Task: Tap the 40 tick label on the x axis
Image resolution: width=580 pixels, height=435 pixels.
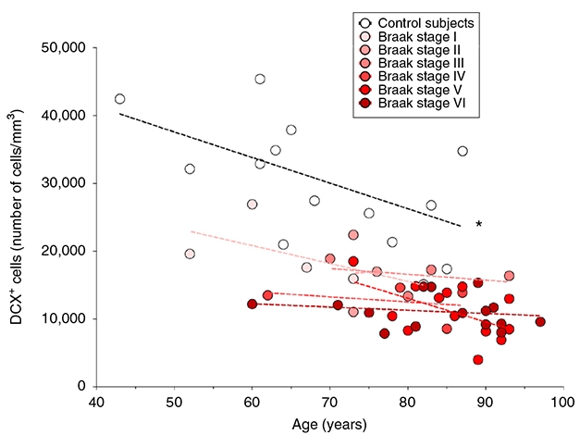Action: [96, 404]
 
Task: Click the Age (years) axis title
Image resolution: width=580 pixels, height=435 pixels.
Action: [328, 425]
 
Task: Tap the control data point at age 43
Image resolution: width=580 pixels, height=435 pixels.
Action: [119, 99]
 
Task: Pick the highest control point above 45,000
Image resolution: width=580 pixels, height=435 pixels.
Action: [260, 79]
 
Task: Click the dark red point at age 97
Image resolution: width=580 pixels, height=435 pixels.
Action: [540, 322]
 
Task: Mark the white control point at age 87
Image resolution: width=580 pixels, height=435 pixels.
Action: [463, 151]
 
